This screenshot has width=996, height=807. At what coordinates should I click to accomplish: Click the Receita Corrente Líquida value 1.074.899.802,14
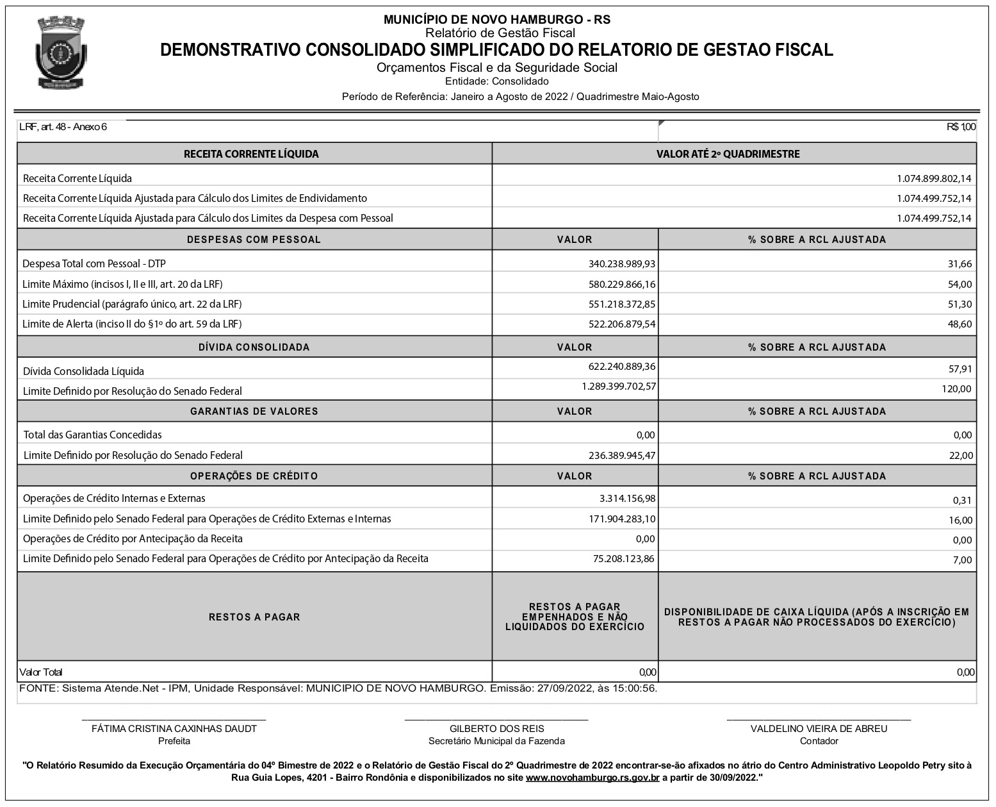[x=934, y=178]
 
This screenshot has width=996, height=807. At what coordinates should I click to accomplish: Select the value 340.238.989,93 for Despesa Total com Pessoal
[x=621, y=263]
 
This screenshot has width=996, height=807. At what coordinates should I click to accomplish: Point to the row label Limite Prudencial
[x=132, y=304]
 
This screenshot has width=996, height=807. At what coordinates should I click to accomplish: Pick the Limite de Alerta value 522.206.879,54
[x=621, y=324]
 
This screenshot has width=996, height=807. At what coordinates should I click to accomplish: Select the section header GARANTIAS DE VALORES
[x=254, y=412]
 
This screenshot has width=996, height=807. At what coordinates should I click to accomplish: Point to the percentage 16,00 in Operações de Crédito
[x=960, y=520]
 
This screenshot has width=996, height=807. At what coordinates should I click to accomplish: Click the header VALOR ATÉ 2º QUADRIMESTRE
[x=728, y=154]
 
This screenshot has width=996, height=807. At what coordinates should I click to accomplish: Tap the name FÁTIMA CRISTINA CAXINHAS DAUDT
[x=174, y=728]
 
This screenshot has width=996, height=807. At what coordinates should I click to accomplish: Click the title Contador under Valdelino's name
[x=819, y=741]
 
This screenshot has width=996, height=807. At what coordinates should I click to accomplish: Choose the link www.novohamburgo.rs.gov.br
[x=592, y=778]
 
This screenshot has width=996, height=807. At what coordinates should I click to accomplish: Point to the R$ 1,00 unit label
[x=961, y=127]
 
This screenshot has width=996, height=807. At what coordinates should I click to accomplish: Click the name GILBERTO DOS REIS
[x=496, y=728]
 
